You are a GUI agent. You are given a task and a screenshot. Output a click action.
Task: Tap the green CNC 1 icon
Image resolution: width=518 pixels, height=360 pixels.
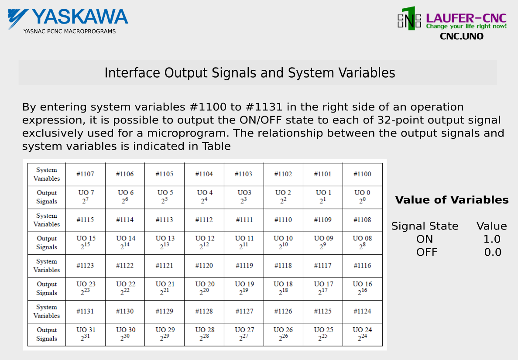click(409, 19)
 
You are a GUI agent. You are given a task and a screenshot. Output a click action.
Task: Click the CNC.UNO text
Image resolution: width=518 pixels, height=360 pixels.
click(462, 36)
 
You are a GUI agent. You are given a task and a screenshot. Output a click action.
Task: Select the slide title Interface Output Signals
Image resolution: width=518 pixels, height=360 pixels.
click(250, 73)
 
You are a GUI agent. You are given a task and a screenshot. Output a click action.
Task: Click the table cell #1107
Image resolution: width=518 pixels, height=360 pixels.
click(86, 174)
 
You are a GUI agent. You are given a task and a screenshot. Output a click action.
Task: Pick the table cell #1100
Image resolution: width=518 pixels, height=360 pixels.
click(362, 174)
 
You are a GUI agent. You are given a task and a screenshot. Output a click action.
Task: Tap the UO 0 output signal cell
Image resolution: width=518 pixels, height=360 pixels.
click(362, 197)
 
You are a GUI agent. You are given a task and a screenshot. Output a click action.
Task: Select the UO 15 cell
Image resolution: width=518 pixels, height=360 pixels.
click(86, 243)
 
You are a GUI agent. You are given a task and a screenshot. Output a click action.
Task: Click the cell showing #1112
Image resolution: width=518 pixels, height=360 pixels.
click(204, 220)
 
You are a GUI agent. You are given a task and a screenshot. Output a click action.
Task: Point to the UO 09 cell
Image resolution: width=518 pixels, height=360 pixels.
click(323, 243)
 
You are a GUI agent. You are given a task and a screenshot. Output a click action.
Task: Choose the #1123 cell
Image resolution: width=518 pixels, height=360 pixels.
click(86, 266)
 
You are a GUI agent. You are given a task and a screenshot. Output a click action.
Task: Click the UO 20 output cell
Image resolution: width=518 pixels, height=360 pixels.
click(204, 288)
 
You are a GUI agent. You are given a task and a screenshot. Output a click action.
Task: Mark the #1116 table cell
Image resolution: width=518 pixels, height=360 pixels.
click(362, 266)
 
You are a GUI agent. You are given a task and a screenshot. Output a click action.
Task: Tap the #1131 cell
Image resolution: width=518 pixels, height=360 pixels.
click(86, 312)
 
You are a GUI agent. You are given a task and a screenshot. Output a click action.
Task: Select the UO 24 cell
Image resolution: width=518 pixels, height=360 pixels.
click(362, 334)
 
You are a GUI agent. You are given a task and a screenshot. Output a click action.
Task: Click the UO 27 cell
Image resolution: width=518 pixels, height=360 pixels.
click(244, 334)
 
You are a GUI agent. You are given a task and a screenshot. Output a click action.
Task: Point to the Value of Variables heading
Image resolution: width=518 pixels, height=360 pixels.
click(452, 200)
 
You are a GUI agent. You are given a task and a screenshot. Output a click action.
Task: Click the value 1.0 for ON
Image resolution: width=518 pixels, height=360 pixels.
click(492, 239)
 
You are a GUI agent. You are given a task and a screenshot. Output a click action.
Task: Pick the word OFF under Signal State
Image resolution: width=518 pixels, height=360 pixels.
click(426, 252)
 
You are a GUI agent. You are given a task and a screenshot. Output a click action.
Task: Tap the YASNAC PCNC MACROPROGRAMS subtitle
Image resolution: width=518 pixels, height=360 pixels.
click(69, 31)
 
